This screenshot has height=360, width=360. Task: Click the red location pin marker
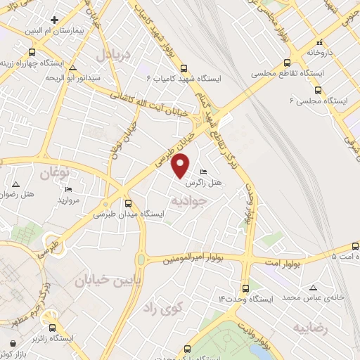[181, 166]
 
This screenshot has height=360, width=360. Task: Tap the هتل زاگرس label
[204, 182]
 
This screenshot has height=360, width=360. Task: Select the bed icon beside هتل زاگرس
[204, 172]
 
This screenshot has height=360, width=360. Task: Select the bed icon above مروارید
[68, 189]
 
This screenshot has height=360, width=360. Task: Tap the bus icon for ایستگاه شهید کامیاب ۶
[184, 68]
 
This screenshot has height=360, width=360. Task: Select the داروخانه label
[333, 53]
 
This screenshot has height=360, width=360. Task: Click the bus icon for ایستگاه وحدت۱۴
[245, 288]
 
